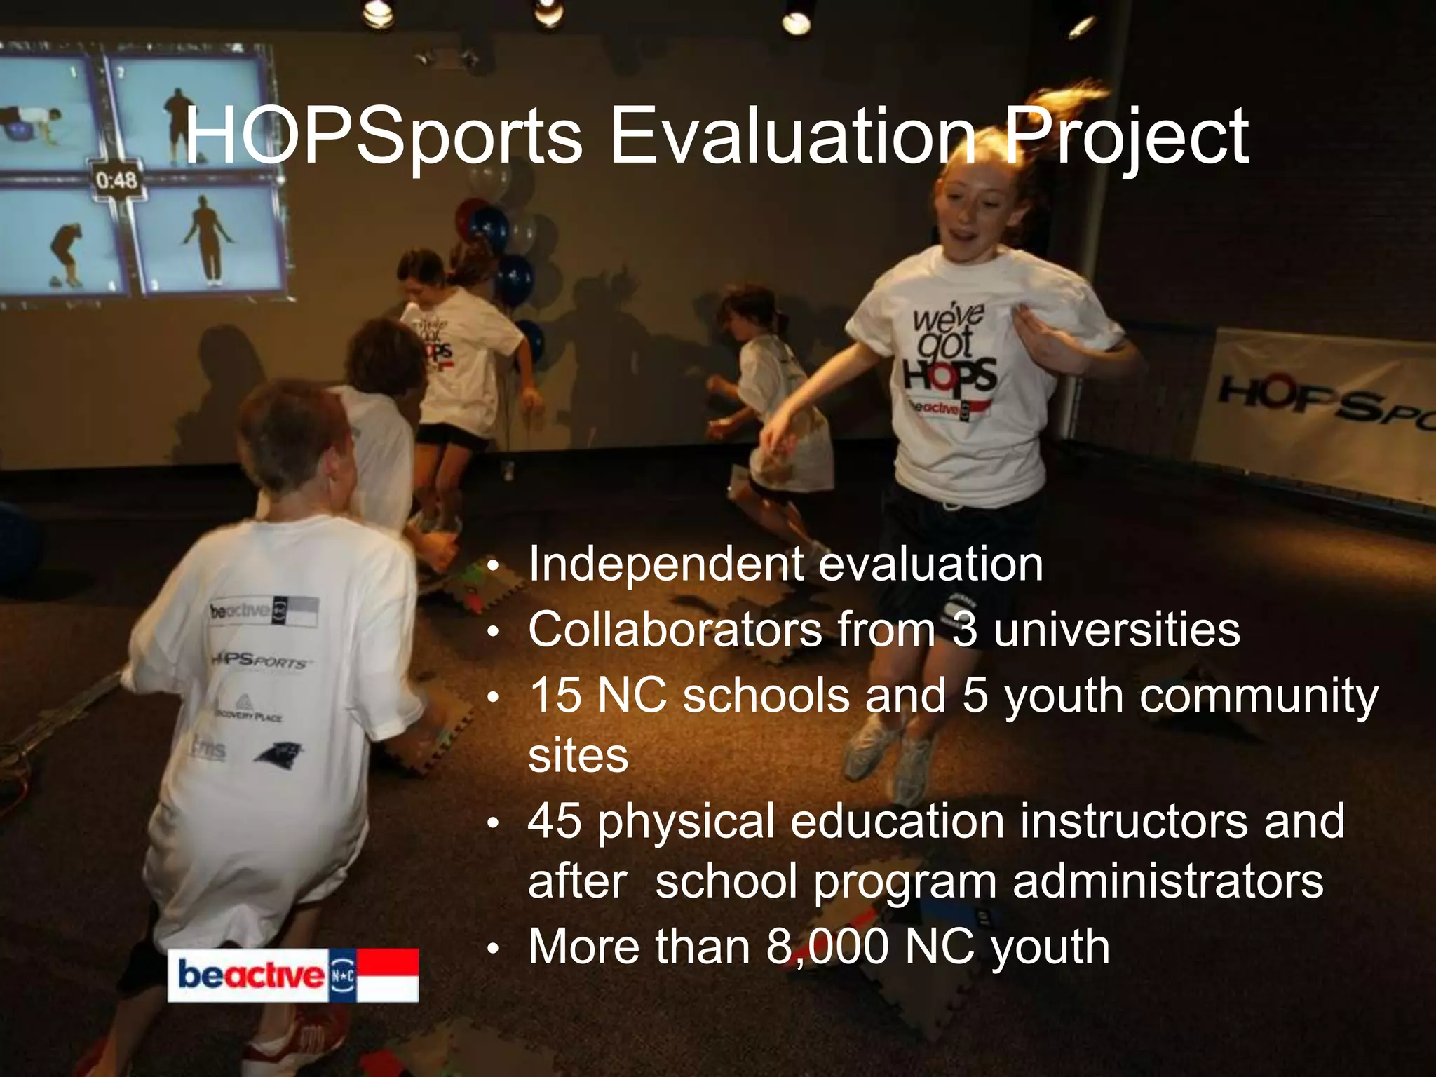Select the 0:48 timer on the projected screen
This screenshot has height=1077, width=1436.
click(x=116, y=181)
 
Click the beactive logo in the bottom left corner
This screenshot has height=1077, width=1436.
click(x=292, y=975)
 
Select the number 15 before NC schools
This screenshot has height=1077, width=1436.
click(x=555, y=695)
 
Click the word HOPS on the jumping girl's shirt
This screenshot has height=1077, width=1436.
click(x=950, y=374)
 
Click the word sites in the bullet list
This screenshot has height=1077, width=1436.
click(x=578, y=756)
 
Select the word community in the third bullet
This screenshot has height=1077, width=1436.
click(x=1259, y=696)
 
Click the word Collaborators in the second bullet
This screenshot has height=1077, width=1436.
click(x=675, y=629)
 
